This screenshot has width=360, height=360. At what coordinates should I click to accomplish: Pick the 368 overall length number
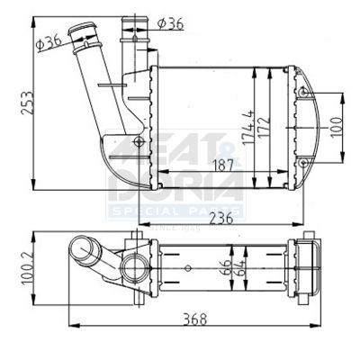(188, 319)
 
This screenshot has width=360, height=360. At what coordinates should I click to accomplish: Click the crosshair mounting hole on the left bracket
(138, 141)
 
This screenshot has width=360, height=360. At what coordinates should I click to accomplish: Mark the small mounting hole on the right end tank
(306, 92)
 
